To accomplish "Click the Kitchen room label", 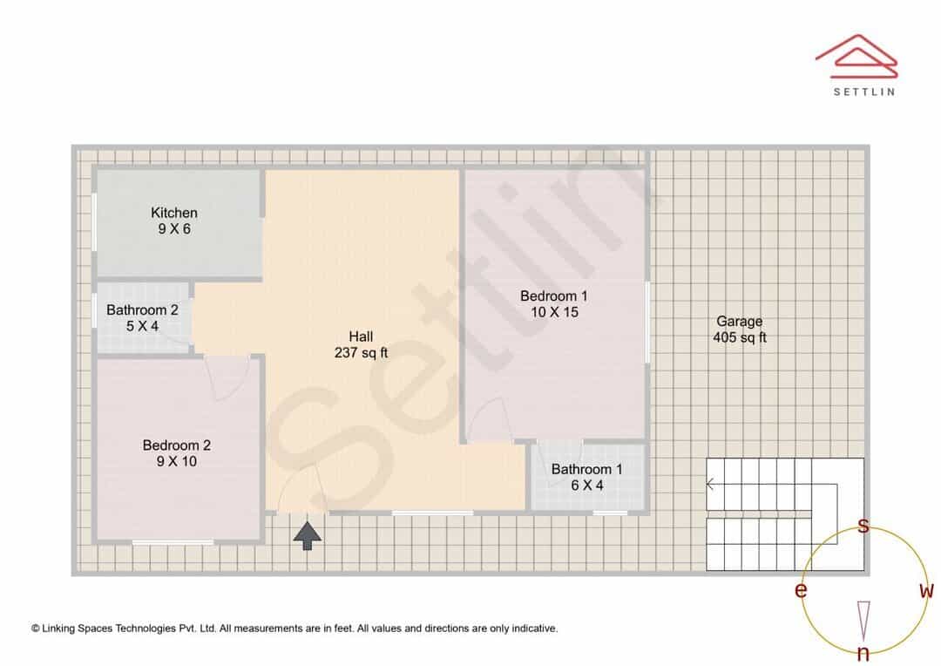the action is click(x=174, y=213).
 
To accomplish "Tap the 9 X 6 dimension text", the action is click(x=174, y=228).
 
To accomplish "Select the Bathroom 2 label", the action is click(x=142, y=309).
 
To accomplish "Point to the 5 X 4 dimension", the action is click(x=142, y=326).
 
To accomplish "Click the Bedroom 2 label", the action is click(x=176, y=445).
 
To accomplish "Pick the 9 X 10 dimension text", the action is click(x=176, y=461).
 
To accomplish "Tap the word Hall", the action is click(x=361, y=336).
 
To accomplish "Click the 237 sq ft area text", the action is click(x=361, y=352).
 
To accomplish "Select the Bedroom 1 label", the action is click(x=554, y=296).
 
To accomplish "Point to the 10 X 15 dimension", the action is click(x=554, y=312).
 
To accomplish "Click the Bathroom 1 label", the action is click(x=587, y=469).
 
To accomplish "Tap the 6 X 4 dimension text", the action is click(x=587, y=486).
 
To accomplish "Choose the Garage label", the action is click(x=740, y=322).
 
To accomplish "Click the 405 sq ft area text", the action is click(x=740, y=337).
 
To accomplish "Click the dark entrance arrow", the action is click(x=308, y=536).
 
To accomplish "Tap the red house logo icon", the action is click(x=856, y=57).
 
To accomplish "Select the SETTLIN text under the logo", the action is click(x=864, y=92).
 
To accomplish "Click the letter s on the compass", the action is click(x=863, y=526).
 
